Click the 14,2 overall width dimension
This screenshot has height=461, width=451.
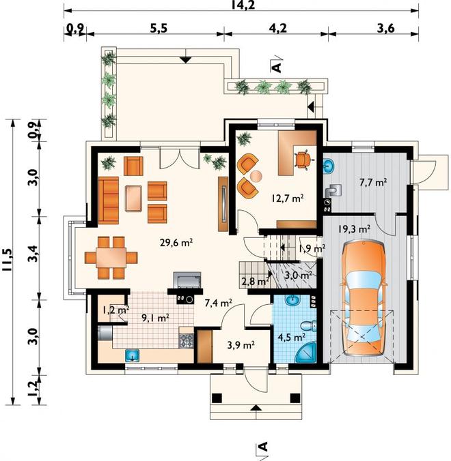tap(243, 5)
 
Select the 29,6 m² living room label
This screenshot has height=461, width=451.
tap(176, 243)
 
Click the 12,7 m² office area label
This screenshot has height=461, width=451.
tap(288, 198)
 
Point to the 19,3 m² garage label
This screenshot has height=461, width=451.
tap(354, 228)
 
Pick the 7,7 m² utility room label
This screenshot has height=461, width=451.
tap(373, 183)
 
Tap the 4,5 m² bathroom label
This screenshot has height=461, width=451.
tap(292, 337)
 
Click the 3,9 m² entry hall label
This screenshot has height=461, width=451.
tap(241, 345)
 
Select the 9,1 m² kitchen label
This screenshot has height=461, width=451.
tap(155, 318)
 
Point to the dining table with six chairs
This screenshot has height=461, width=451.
tap(111, 258)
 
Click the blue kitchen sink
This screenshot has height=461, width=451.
tap(133, 355)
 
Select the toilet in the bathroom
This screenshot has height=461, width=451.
tap(308, 326)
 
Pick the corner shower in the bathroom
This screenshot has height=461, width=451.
tap(305, 353)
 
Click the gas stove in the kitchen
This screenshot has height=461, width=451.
tap(187, 341)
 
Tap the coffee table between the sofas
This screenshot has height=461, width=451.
tap(133, 198)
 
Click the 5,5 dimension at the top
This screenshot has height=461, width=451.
tap(159, 29)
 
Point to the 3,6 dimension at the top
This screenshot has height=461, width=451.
tap(385, 29)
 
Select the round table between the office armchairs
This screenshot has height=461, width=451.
tap(256, 176)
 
